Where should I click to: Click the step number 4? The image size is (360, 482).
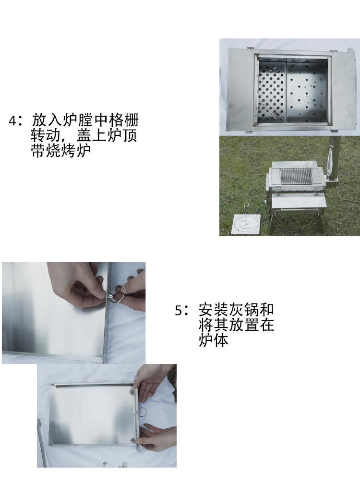[12, 121]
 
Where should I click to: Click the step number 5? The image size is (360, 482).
[179, 311]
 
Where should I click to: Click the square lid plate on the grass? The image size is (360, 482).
[246, 224]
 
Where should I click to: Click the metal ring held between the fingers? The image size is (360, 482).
[118, 294]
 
